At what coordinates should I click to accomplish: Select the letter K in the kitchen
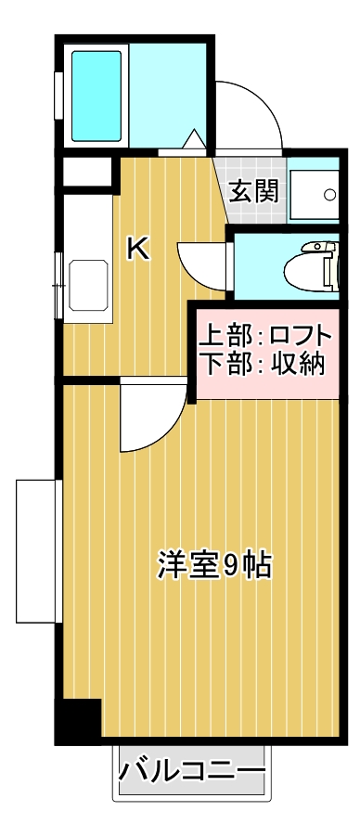138,249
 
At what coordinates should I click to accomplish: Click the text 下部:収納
264,364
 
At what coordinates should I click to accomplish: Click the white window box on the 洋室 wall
38,549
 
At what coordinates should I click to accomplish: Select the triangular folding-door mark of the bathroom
196,140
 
